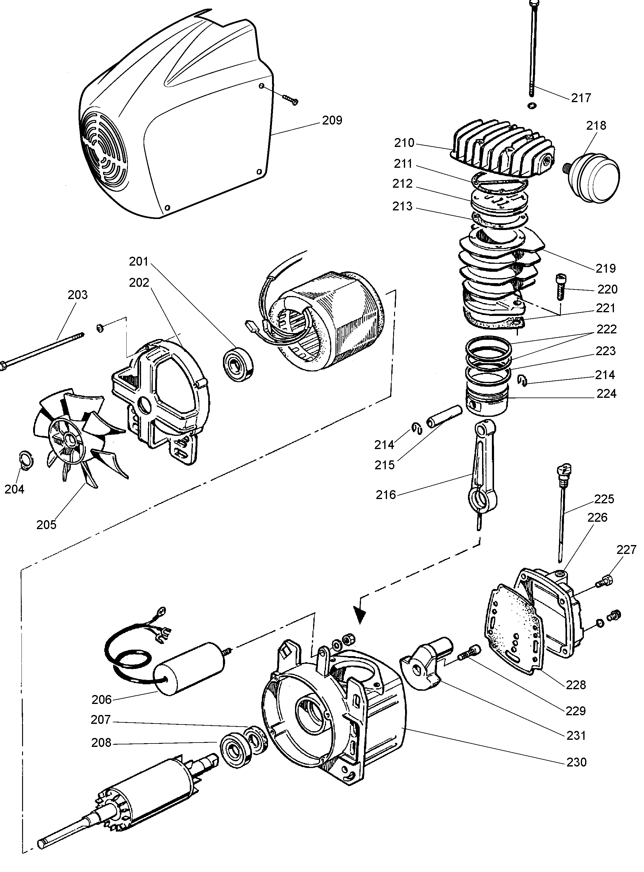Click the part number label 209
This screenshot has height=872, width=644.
(332, 121)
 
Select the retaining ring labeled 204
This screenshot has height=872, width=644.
(26, 460)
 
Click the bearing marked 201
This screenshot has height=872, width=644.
(237, 363)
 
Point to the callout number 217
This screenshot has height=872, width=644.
(581, 98)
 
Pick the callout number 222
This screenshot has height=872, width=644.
(606, 329)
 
